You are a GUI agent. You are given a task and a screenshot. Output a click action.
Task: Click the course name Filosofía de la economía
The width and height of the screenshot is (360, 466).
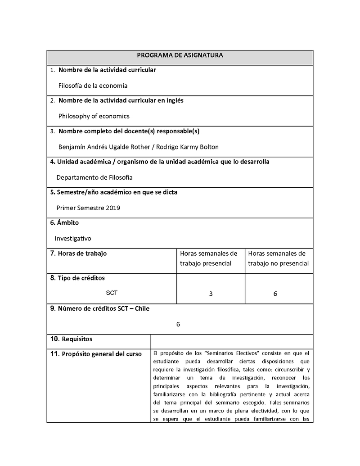click(x=93, y=86)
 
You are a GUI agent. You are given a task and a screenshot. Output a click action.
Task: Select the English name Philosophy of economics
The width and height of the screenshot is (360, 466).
click(x=94, y=116)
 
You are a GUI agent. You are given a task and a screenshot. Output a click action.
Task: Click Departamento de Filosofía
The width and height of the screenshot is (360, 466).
click(x=94, y=177)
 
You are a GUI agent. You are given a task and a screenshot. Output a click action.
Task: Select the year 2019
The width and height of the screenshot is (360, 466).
click(x=113, y=208)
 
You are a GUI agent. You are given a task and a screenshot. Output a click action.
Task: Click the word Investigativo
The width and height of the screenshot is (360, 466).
click(x=73, y=239)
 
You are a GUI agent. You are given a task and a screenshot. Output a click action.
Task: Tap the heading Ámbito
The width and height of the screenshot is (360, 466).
click(x=68, y=223)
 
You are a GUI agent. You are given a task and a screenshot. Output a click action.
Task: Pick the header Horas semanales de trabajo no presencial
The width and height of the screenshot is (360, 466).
click(x=278, y=258)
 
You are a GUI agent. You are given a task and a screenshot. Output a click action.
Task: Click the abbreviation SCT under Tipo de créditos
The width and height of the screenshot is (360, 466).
click(x=112, y=293)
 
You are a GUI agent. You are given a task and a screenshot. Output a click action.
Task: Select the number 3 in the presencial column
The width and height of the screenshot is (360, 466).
click(x=211, y=294)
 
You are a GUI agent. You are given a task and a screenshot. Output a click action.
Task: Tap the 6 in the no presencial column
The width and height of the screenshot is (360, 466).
click(x=275, y=294)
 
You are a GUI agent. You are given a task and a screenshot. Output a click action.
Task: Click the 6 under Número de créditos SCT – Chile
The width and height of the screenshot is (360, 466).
click(x=178, y=324)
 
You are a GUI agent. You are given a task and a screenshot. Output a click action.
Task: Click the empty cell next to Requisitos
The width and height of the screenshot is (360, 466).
click(x=231, y=341)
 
